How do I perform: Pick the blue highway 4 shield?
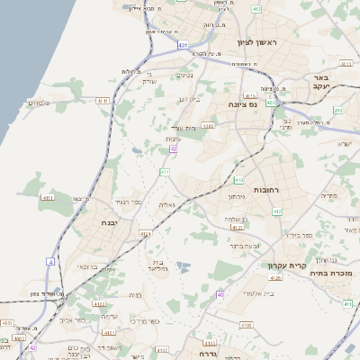[50, 261]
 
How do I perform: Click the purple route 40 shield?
[220, 294]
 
